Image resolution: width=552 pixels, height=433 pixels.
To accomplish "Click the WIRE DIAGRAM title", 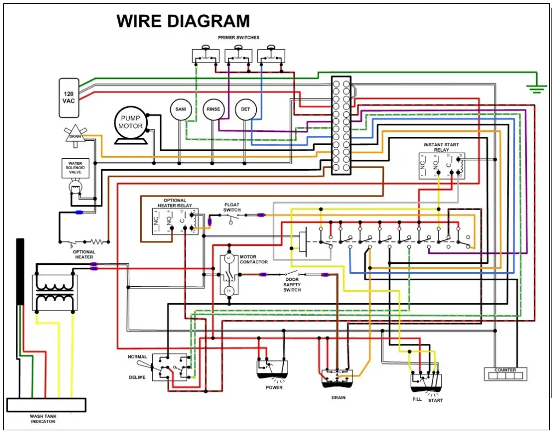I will pyautogui.click(x=183, y=21).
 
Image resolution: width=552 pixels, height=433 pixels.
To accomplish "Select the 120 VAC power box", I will pyautogui.click(x=69, y=97).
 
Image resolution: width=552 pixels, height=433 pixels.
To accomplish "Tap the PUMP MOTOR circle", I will pyautogui.click(x=131, y=123).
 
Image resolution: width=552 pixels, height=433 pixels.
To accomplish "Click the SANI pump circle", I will pyautogui.click(x=180, y=109).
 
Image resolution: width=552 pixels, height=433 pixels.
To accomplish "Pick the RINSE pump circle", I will pyautogui.click(x=213, y=109).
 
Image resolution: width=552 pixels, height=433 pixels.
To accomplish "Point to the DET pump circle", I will pyautogui.click(x=245, y=109).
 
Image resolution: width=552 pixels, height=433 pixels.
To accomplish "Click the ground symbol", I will pyautogui.click(x=537, y=88).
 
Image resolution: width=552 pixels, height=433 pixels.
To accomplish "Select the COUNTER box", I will pyautogui.click(x=505, y=373).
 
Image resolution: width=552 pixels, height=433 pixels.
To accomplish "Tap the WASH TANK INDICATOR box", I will pyautogui.click(x=46, y=405).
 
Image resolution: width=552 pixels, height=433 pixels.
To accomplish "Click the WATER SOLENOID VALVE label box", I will pyautogui.click(x=75, y=168).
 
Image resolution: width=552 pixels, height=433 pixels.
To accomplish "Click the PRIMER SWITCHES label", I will pyautogui.click(x=239, y=38).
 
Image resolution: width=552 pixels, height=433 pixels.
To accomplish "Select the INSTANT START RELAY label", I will pyautogui.click(x=441, y=147).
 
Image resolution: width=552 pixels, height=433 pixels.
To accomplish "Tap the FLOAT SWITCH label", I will pyautogui.click(x=232, y=207).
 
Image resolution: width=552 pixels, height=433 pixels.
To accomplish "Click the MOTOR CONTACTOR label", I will pyautogui.click(x=254, y=259).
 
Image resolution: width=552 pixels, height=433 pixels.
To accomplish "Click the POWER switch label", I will pyautogui.click(x=274, y=388).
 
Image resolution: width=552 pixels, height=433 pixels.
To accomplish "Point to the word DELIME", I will pyautogui.click(x=137, y=377).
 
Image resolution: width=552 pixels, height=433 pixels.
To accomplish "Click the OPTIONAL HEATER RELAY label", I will pyautogui.click(x=175, y=203).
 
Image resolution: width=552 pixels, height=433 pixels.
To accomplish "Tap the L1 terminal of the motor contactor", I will pyautogui.click(x=229, y=257).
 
